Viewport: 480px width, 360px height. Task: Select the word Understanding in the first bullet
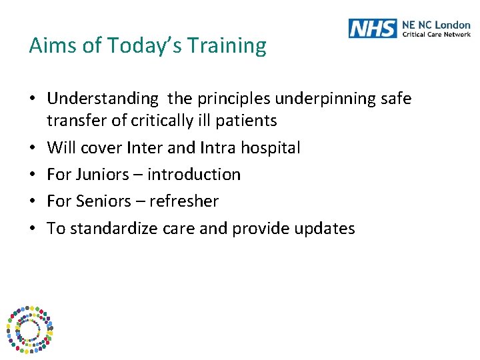103,99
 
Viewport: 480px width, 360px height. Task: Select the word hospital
275,147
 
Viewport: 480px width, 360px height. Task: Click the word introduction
193,175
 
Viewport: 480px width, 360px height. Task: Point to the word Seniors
104,201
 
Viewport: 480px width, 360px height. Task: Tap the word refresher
184,201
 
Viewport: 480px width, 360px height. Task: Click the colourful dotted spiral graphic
29,329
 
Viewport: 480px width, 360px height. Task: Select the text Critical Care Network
435,34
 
